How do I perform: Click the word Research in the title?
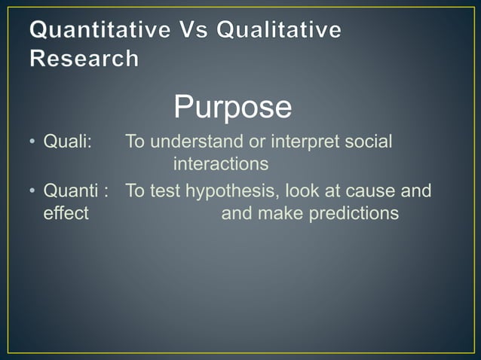click(x=84, y=58)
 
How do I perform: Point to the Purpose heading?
click(x=233, y=107)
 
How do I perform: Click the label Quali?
click(x=67, y=142)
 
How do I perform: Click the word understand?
click(x=198, y=142)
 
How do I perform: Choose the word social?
click(x=369, y=142)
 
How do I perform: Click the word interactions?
click(x=221, y=163)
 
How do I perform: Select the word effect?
click(x=66, y=213)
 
